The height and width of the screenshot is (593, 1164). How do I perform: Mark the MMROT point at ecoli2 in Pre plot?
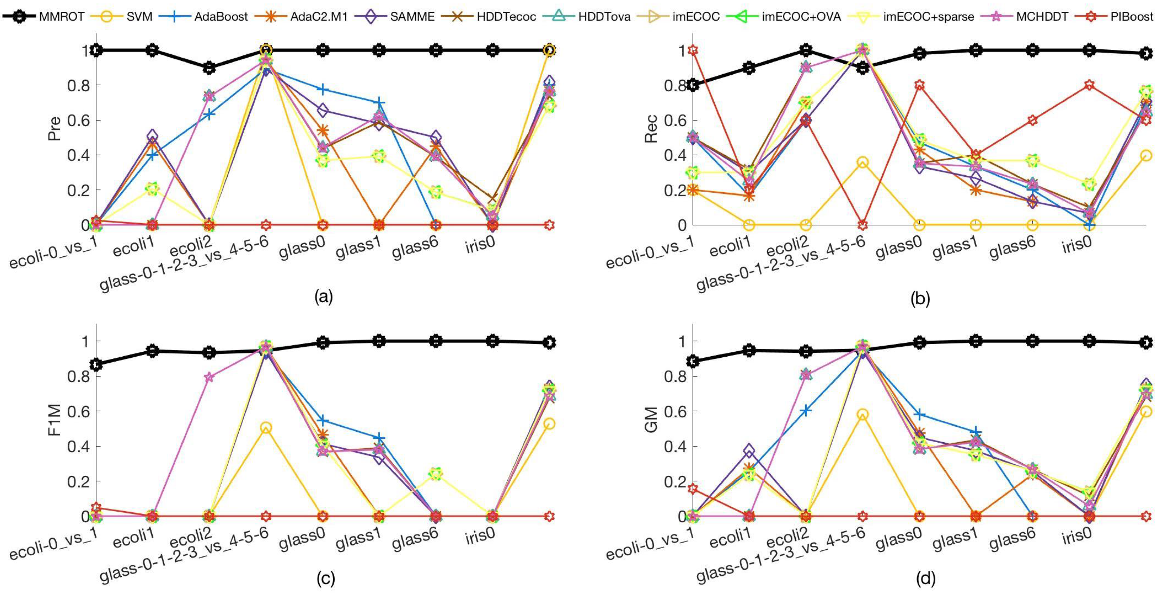tap(209, 68)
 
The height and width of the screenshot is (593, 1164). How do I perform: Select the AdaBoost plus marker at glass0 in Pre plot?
tap(323, 89)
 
